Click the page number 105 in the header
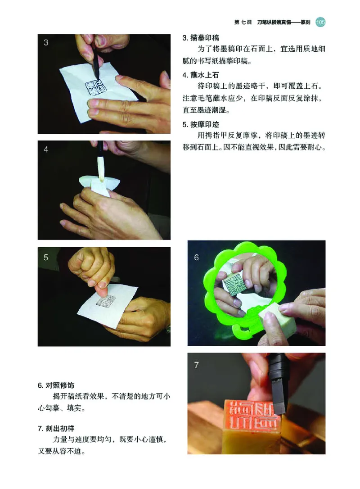[320, 21]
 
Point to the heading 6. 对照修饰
[56, 385]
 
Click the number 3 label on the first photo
[46, 43]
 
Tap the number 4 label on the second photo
[46, 150]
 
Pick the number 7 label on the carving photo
[197, 365]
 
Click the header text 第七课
[243, 22]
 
